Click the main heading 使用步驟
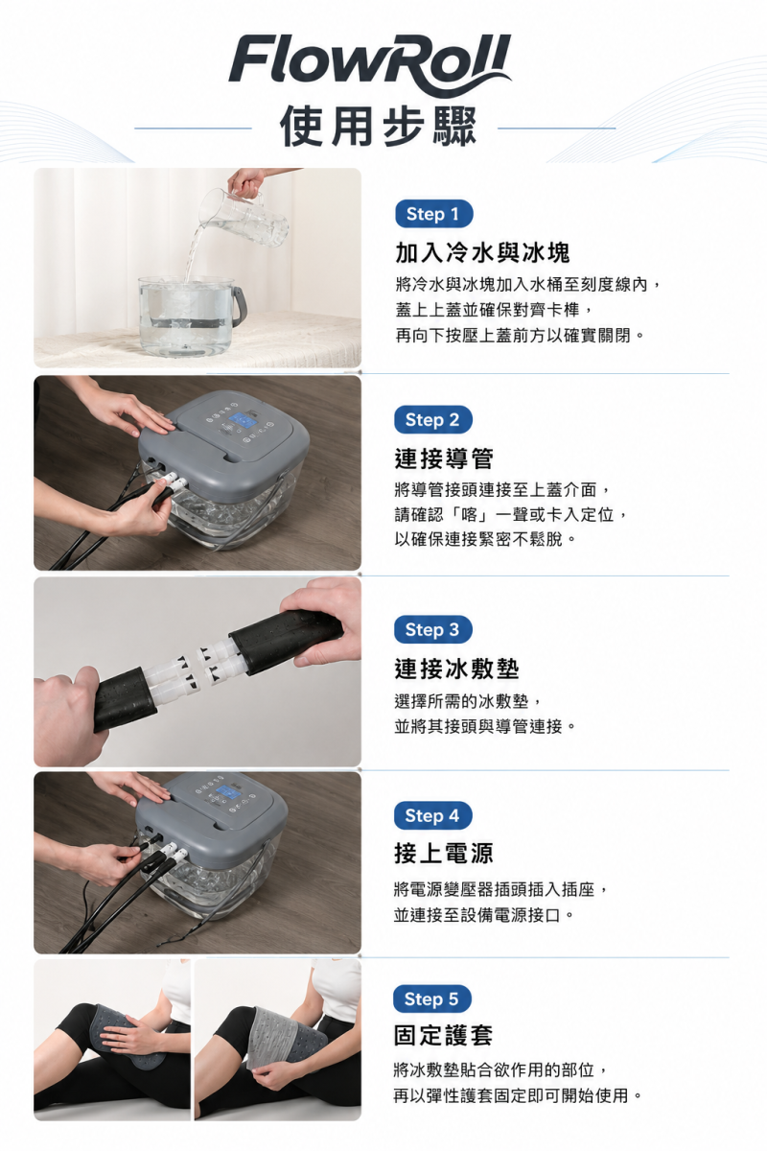click(378, 127)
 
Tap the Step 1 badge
click(433, 214)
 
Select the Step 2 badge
click(433, 420)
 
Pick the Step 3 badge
click(433, 629)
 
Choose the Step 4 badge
click(433, 815)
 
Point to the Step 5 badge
click(432, 999)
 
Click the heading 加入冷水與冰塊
click(483, 253)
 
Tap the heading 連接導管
click(444, 458)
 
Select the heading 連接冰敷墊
click(456, 669)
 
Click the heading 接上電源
click(444, 854)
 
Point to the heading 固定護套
click(443, 1035)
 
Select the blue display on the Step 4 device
click(229, 793)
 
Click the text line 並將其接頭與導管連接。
click(485, 727)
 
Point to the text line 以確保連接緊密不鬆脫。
click(485, 539)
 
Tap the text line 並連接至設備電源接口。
click(484, 915)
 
